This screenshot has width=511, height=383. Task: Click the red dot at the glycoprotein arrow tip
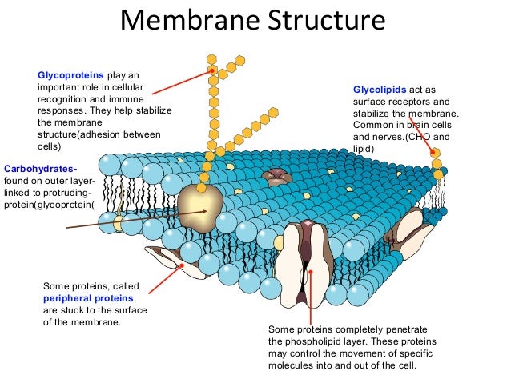point(211,70)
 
